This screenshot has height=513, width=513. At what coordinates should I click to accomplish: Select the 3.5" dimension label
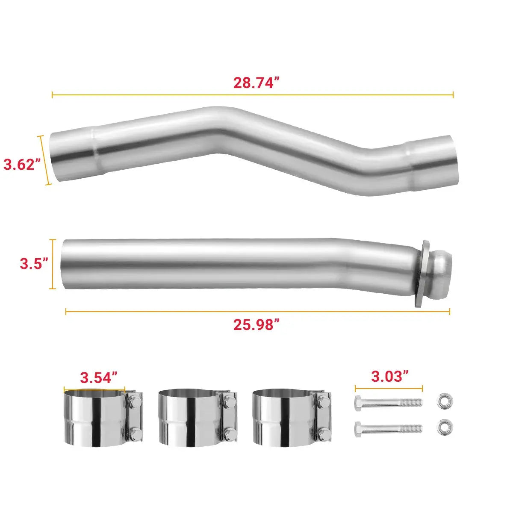coord(33,264)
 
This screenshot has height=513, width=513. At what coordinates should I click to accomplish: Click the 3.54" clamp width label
coord(99,377)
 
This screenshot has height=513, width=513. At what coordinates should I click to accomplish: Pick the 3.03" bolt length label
coord(389,377)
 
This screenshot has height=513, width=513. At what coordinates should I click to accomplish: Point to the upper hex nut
coord(445,401)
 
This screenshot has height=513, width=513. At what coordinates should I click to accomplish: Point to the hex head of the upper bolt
coord(359,402)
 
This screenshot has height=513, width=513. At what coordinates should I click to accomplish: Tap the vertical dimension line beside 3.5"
coord(53,264)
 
